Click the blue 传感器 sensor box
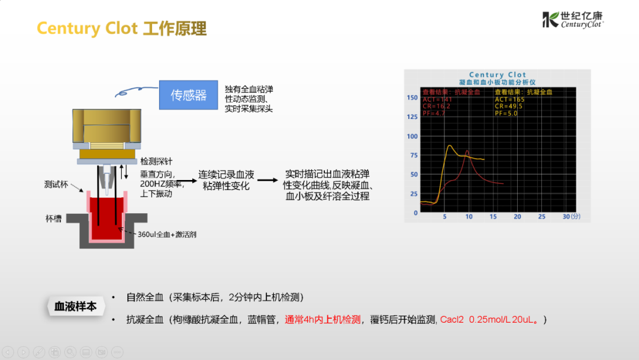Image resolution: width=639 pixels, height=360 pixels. pos(189,95)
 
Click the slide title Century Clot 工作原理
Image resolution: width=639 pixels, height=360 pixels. pos(122,28)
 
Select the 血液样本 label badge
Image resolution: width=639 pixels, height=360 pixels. pos(75,306)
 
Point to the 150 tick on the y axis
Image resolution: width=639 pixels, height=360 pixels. pos(412,98)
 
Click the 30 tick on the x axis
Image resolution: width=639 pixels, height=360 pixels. pos(566,217)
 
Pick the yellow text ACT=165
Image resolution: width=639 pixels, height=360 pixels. pos(509,99)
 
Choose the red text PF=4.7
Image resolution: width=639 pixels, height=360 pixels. pos(432,113)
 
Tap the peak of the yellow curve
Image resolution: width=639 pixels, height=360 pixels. pos(449,146)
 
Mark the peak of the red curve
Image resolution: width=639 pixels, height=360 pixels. pos(467,152)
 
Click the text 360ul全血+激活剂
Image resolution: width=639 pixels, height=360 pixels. pos(167,235)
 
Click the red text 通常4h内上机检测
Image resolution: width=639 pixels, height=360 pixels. pos(322,320)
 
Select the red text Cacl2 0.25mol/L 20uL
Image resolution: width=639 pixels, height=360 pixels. pos(490,320)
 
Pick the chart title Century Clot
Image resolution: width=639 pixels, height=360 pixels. pos(497,75)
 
